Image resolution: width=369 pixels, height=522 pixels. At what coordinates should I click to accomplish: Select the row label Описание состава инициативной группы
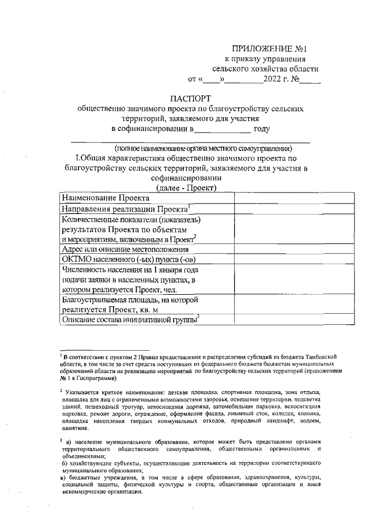(x=129, y=319)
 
